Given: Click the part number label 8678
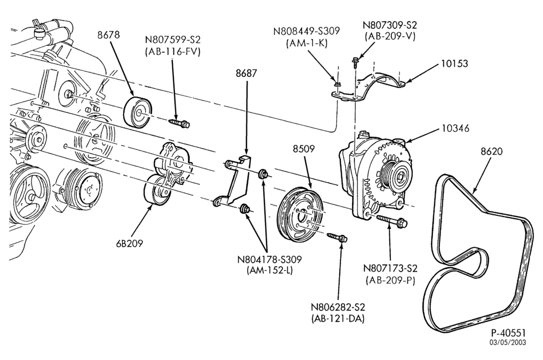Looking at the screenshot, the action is coord(108,35).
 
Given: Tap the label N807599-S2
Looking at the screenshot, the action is coord(173,39).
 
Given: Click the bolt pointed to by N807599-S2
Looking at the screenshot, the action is coord(179,123).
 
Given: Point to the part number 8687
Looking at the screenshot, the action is coord(246,74).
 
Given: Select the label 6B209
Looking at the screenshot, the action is coord(130,244).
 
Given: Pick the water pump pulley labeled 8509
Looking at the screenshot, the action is coord(301,214).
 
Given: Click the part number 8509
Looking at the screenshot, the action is coord(304,149).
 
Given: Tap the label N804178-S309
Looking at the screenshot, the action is coord(269,259).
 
